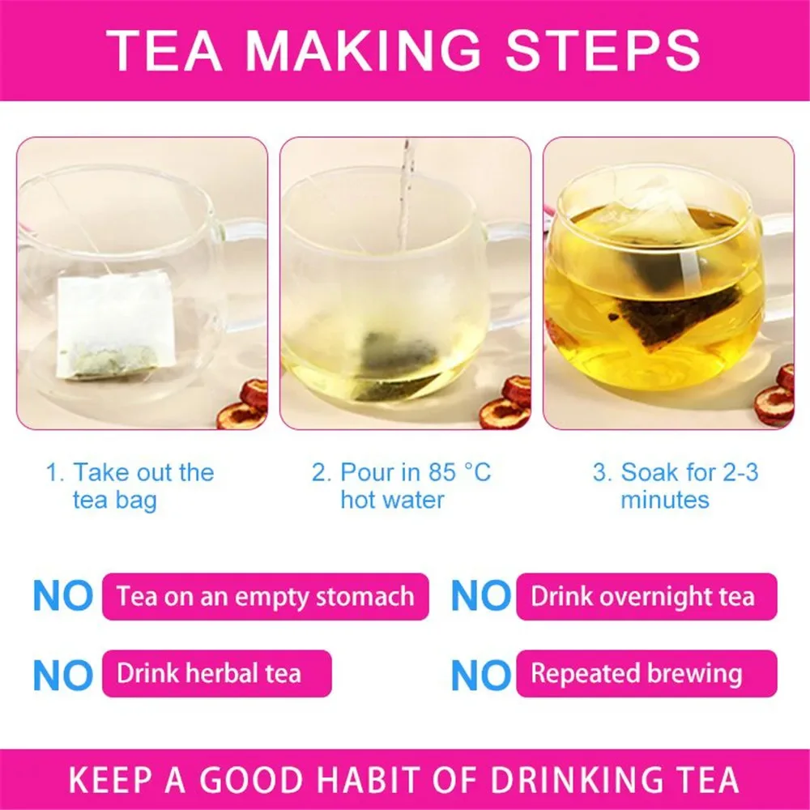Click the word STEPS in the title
pyautogui.click(x=603, y=49)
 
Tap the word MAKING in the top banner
pyautogui.click(x=363, y=49)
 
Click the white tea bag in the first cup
pyautogui.click(x=115, y=326)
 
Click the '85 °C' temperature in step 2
pyautogui.click(x=459, y=472)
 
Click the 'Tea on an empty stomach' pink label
pyautogui.click(x=266, y=597)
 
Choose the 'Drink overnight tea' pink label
pyautogui.click(x=646, y=597)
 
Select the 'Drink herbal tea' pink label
pyautogui.click(x=217, y=674)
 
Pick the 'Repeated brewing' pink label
pyautogui.click(x=646, y=674)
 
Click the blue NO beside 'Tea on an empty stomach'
pyautogui.click(x=63, y=597)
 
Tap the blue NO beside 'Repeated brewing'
pyautogui.click(x=481, y=675)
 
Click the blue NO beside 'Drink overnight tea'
pyautogui.click(x=481, y=597)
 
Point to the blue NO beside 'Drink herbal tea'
pyautogui.click(x=63, y=675)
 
